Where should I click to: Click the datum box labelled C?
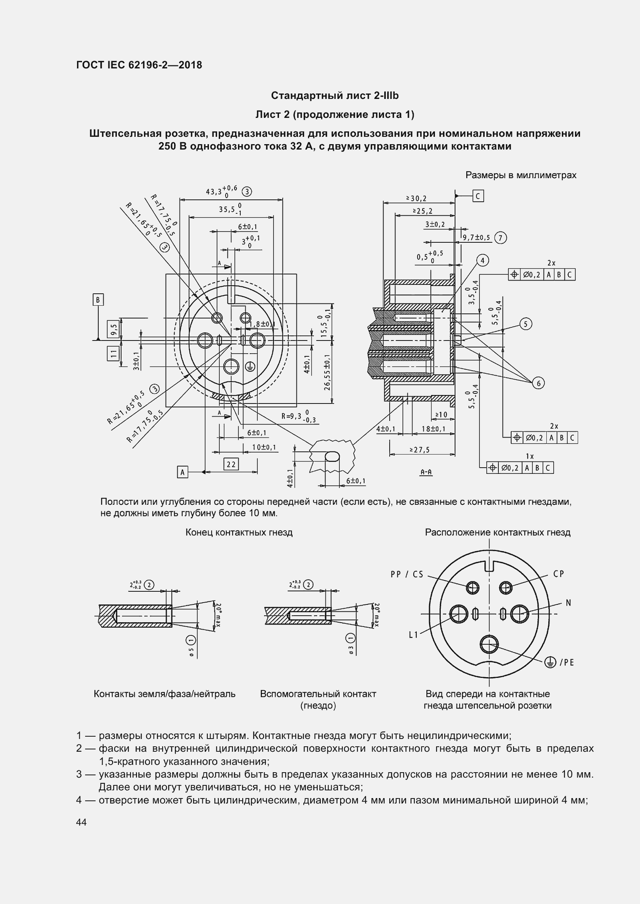[x=478, y=196]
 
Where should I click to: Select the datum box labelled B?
[x=98, y=300]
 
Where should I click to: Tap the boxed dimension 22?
[x=231, y=464]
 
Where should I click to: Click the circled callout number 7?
[x=500, y=238]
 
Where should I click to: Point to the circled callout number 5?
[x=526, y=324]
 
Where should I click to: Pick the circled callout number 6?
[x=538, y=383]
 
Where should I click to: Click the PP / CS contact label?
[x=407, y=574]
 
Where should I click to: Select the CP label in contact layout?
[x=559, y=574]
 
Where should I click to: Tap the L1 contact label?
[x=413, y=635]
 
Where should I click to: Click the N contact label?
[x=568, y=603]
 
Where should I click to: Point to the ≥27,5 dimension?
[x=419, y=449]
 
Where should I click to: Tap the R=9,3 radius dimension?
[x=299, y=416]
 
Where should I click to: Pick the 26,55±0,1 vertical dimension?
[x=327, y=372]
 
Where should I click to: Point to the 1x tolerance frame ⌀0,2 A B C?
[x=520, y=468]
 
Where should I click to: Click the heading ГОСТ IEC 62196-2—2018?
[x=139, y=65]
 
